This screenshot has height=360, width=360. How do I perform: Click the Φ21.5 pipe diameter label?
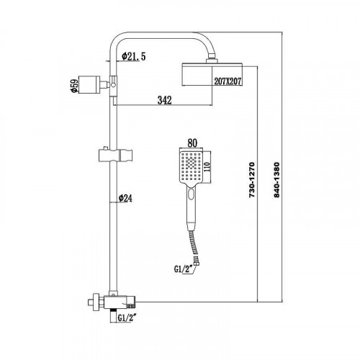click(x=134, y=57)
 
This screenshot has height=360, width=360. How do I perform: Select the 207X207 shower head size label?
click(x=228, y=81)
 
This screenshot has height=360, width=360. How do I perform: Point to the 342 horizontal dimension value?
click(x=165, y=100)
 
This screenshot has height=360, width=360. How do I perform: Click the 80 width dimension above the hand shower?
click(x=192, y=143)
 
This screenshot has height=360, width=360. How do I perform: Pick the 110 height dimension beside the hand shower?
click(x=207, y=167)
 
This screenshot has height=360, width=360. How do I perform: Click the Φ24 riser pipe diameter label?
click(x=125, y=198)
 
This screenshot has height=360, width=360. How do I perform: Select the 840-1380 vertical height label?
click(x=276, y=180)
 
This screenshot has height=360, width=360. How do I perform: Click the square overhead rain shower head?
click(x=212, y=74)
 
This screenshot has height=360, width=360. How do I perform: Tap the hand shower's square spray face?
click(x=191, y=167)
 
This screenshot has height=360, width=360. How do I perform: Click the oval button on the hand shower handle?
click(x=191, y=194)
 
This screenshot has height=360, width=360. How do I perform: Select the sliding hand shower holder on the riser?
click(x=115, y=156)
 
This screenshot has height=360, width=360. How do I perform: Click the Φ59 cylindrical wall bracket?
click(x=89, y=84)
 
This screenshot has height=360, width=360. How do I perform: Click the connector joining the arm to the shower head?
click(x=212, y=59)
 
